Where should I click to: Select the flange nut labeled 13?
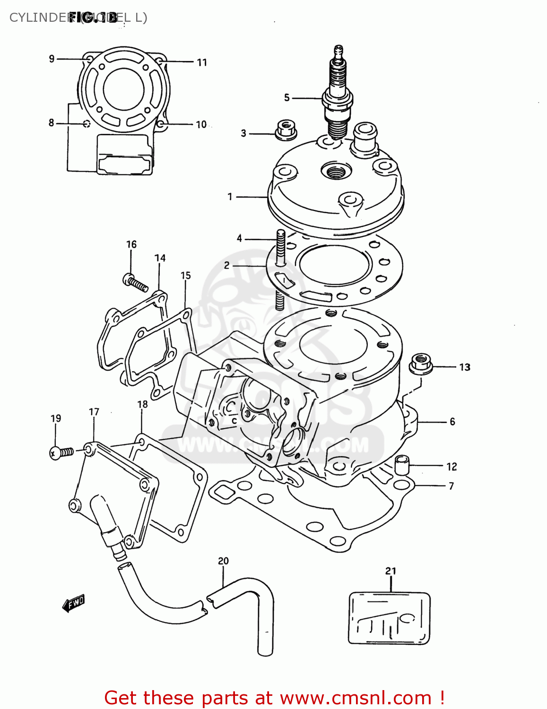click(421, 363)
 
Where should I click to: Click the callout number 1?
click(230, 196)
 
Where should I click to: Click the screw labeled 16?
click(134, 282)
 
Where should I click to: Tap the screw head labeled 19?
click(55, 453)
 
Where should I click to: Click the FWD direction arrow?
click(74, 603)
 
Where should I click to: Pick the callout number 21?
click(391, 571)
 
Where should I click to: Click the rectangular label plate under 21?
click(389, 618)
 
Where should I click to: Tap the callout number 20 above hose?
click(223, 561)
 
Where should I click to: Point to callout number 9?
click(52, 59)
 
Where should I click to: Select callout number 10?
click(201, 124)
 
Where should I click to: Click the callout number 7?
click(451, 485)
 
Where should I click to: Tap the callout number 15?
click(186, 275)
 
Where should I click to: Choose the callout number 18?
click(142, 404)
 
